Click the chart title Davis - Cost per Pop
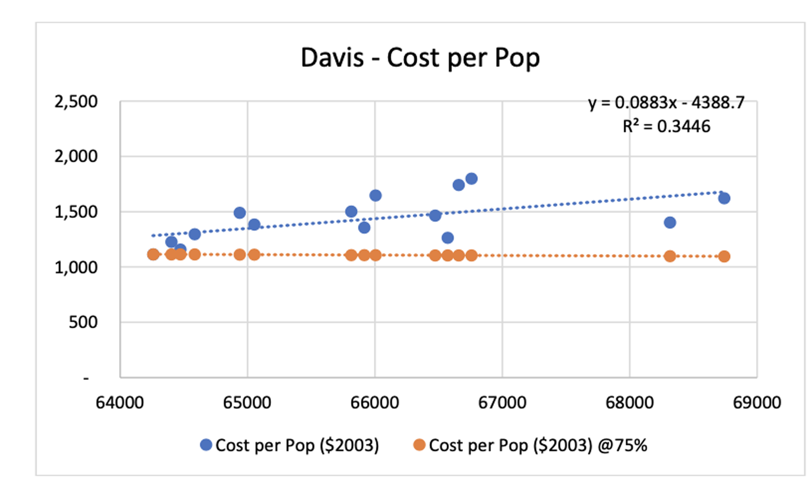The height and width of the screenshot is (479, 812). click(x=420, y=58)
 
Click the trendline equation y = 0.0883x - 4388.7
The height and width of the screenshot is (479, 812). click(x=666, y=103)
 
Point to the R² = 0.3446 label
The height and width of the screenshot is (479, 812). click(x=666, y=127)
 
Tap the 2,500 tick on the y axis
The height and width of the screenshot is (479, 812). click(x=76, y=102)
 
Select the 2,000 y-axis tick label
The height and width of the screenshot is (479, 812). click(x=76, y=156)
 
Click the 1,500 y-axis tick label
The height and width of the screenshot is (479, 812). click(x=76, y=212)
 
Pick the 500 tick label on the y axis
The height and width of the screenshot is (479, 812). click(x=83, y=322)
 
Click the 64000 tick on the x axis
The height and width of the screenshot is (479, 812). click(x=120, y=403)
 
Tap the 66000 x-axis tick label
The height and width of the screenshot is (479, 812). click(x=375, y=403)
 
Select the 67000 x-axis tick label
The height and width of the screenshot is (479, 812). click(x=502, y=403)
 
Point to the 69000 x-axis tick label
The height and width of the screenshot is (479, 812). click(x=757, y=403)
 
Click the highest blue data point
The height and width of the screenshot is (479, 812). click(x=471, y=179)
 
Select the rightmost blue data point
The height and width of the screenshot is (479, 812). click(x=724, y=198)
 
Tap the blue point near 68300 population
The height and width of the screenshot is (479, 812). click(x=670, y=223)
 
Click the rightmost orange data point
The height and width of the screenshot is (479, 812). click(x=724, y=256)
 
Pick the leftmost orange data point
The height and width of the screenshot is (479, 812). click(x=153, y=254)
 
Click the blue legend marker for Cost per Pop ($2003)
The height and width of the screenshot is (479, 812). click(x=206, y=445)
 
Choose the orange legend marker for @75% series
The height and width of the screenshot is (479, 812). click(x=419, y=445)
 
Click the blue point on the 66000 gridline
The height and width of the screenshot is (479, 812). click(x=375, y=195)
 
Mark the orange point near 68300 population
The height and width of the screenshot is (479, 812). click(x=670, y=256)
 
